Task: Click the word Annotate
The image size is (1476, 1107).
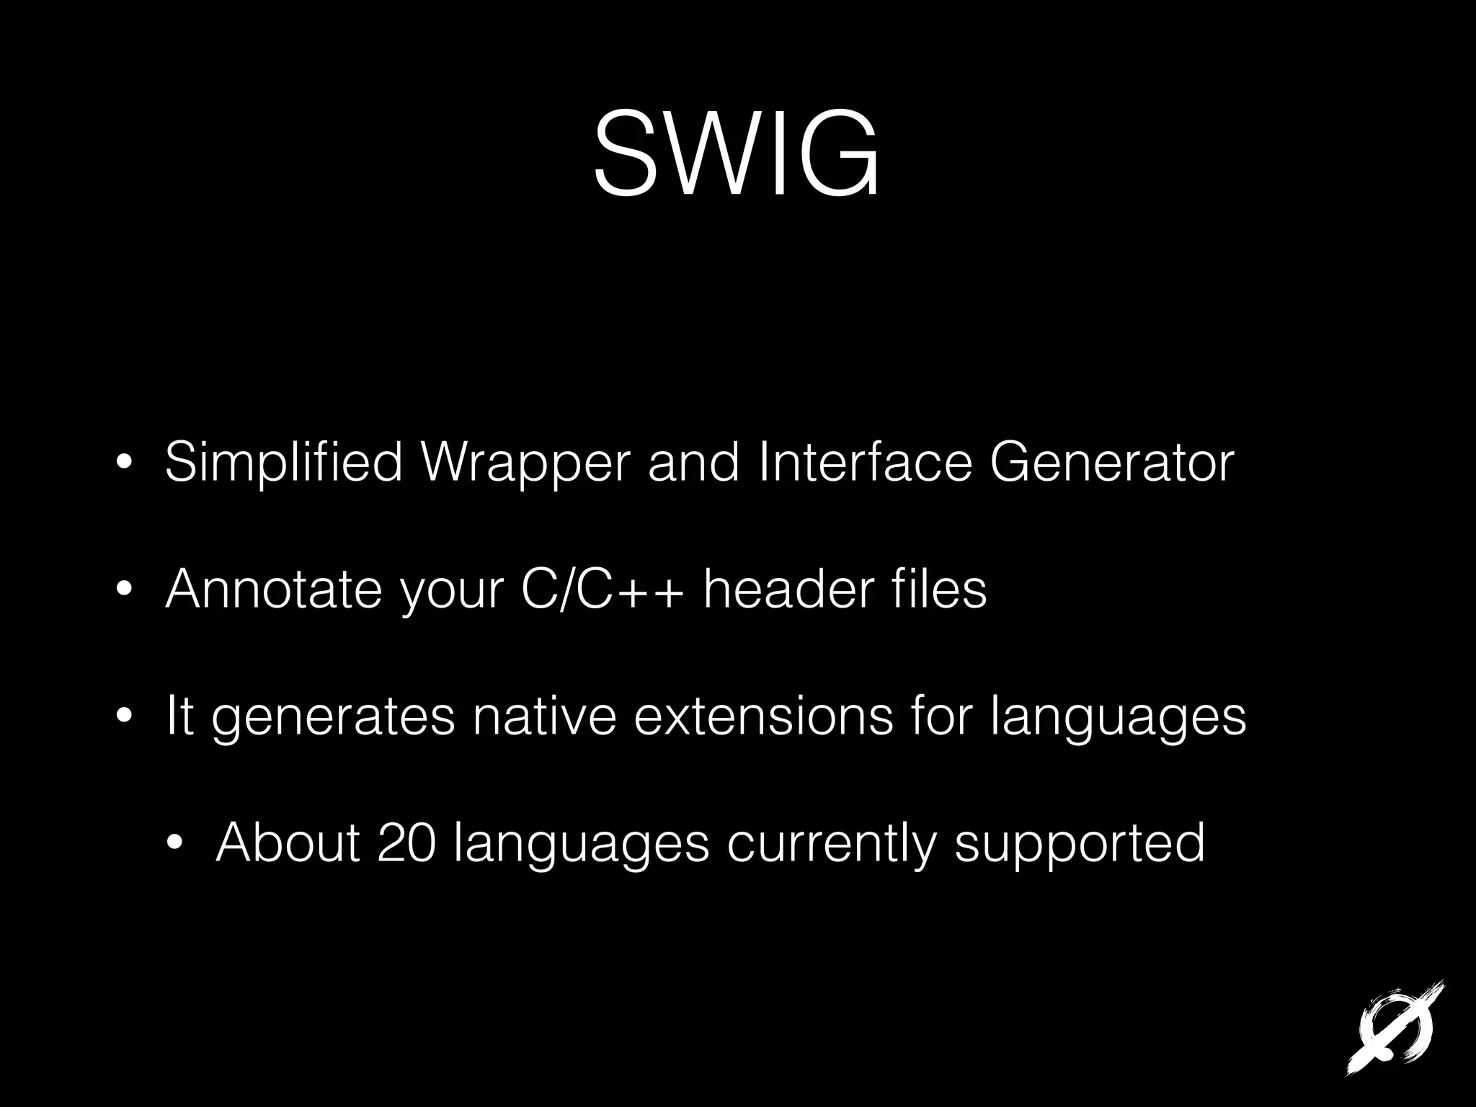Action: point(273,589)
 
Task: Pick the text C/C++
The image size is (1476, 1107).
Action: point(601,589)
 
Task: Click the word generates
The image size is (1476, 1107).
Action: point(333,717)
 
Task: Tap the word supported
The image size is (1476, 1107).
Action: point(1080,843)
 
